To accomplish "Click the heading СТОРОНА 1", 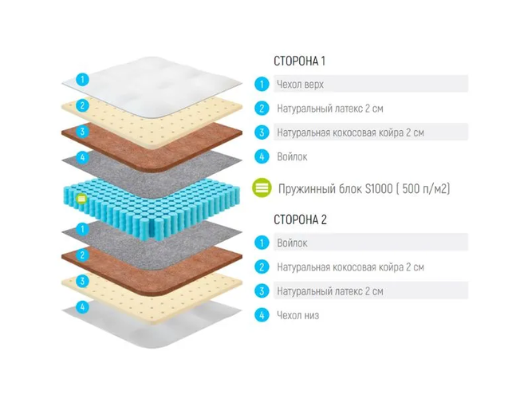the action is pos(299,61).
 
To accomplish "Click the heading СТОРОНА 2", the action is pos(300,219).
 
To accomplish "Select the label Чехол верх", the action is pos(300,85).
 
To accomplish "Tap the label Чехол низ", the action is pos(297,315).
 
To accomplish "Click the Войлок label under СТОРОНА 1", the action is pos(292,156).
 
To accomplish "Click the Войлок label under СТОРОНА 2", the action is pos(292,243).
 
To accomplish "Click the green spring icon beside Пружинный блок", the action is pos(262,188).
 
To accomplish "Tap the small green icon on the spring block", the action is pos(81,199).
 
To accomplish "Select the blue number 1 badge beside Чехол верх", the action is pos(262,84).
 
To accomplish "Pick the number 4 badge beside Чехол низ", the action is pos(262,314).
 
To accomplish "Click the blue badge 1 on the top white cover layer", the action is pos(82,80).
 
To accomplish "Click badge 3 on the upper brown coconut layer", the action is pos(82,132).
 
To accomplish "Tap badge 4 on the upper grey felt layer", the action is pos(82,157).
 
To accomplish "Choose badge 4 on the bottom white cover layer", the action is pos(82,307).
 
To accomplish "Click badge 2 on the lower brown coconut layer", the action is pos(82,255).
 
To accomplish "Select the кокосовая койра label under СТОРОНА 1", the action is pos(350,132).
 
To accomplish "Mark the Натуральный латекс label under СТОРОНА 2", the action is pos(330,291).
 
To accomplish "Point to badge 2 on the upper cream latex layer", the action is pos(82,106).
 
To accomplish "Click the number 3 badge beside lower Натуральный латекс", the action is pos(262,291).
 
